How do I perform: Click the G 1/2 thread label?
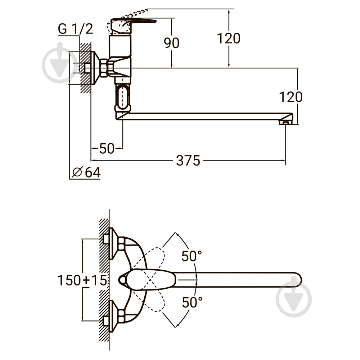coord(76,29)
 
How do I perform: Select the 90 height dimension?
coord(172,43)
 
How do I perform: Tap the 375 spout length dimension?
coord(188,161)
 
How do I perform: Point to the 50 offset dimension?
coord(107,148)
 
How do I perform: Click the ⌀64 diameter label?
coord(86,172)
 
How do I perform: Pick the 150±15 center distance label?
coord(82,280)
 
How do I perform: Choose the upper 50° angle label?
coord(192,256)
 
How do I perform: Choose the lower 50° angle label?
coord(192,302)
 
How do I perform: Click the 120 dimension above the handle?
coord(228,38)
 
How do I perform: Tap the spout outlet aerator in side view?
coord(285,123)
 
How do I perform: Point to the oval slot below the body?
coord(122,96)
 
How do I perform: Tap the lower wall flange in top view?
coord(113,317)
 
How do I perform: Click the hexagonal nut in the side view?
coord(104,68)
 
